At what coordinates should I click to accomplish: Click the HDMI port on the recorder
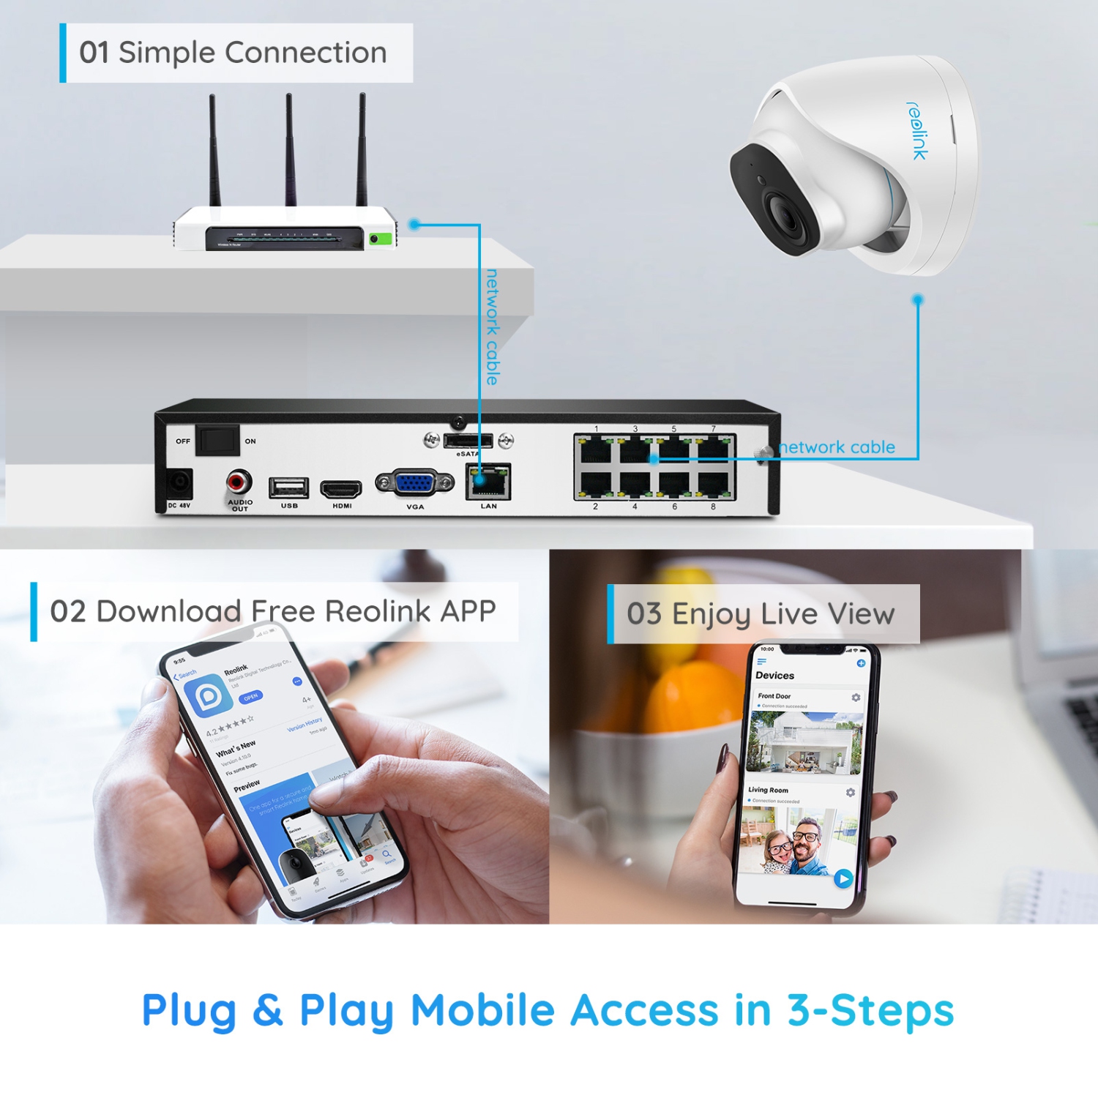pos(341,488)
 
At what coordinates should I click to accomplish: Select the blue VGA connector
pos(414,483)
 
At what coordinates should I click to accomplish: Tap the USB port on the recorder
pos(288,487)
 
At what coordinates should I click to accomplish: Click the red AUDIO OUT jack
pos(239,482)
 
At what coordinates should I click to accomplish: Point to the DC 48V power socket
pos(179,484)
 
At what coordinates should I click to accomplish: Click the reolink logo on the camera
pos(917,130)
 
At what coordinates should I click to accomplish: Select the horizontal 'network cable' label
pos(837,447)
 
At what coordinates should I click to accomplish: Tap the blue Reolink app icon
pos(208,695)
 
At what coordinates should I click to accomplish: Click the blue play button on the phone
pos(843,878)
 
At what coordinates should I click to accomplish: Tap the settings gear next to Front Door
pos(856,698)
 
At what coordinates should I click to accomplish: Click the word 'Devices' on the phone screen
pos(774,676)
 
